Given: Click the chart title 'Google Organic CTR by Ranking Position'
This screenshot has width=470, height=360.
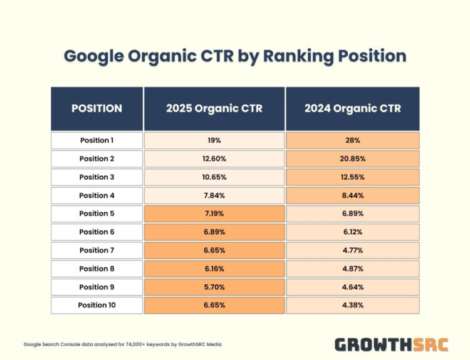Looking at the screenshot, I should (x=235, y=56).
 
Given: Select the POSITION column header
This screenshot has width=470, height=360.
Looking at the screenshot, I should (x=97, y=108).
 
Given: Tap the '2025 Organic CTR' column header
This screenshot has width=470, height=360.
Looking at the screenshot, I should (x=214, y=108).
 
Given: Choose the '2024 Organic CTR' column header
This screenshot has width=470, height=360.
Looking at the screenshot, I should (x=353, y=108).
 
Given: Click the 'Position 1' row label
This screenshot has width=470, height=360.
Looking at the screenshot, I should (x=97, y=140).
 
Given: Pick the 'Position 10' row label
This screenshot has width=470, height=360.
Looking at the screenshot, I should (x=97, y=306).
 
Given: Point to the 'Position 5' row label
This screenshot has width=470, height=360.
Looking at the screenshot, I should (x=97, y=213).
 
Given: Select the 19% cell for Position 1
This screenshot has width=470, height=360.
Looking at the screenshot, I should (x=214, y=140).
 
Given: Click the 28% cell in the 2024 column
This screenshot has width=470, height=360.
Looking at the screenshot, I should (x=353, y=140).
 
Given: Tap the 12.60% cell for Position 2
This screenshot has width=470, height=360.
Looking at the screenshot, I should (x=214, y=158).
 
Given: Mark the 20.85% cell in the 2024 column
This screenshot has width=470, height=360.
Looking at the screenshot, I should (x=353, y=158).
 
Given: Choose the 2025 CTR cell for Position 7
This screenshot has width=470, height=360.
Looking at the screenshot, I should (x=214, y=250).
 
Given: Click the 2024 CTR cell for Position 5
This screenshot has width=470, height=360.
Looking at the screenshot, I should (x=353, y=213).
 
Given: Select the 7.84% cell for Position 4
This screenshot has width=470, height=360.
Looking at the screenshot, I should (x=214, y=195).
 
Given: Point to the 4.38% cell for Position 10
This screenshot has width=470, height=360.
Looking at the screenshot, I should (x=353, y=306).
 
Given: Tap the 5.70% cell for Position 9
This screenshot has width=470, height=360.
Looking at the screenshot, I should (x=214, y=287).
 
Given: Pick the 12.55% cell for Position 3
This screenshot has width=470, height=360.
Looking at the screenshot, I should (x=353, y=177).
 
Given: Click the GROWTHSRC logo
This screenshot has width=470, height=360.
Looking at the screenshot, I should (x=391, y=344).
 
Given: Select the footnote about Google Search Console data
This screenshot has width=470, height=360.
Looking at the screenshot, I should (x=123, y=344).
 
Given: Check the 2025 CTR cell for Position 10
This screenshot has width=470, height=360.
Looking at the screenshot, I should (x=214, y=306).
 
